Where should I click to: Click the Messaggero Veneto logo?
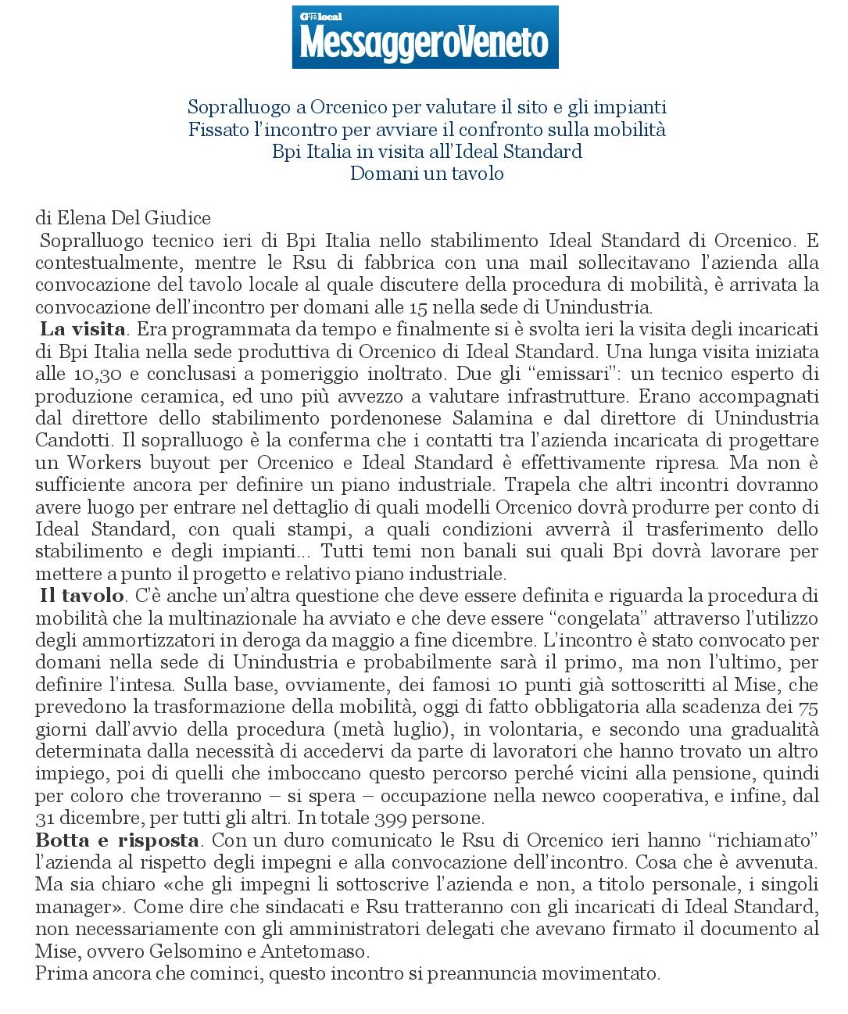click(x=424, y=38)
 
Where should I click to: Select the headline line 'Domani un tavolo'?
click(x=426, y=174)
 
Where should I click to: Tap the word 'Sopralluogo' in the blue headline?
click(x=238, y=107)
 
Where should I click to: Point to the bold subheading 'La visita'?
click(x=83, y=329)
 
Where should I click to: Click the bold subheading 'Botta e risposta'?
click(x=117, y=840)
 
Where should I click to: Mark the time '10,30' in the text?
click(x=99, y=374)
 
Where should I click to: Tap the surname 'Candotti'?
click(x=71, y=440)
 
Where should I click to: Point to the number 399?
click(x=390, y=819)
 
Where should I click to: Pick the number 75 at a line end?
click(x=807, y=707)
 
